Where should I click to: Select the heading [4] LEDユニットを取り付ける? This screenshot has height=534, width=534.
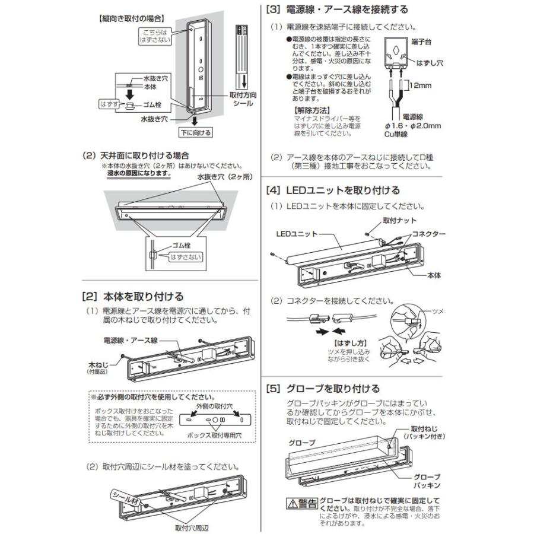pos(333,191)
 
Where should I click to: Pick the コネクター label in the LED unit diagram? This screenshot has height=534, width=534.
pos(428,234)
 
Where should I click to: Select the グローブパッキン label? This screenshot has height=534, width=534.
pos(427,481)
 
